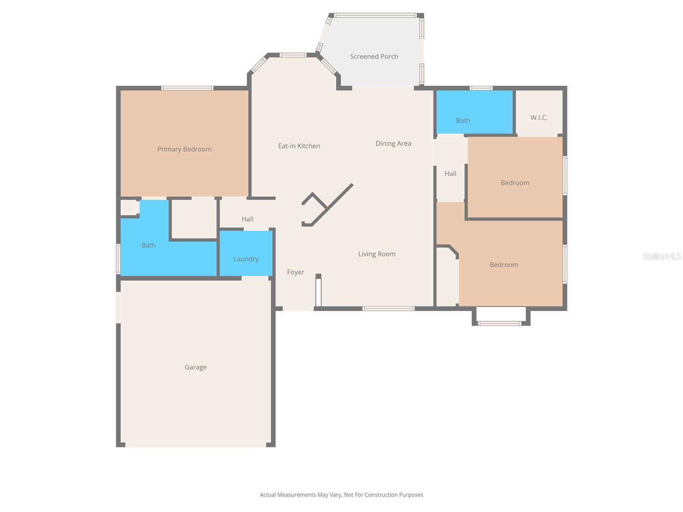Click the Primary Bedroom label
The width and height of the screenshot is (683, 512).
[184, 149]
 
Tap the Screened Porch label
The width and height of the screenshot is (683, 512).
[374, 56]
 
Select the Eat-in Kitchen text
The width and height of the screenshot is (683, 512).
[299, 146]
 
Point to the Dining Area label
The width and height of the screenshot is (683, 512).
[393, 143]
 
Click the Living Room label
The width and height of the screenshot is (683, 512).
[377, 254]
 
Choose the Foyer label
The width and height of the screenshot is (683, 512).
[295, 272]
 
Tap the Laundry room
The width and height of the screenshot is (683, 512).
[246, 259]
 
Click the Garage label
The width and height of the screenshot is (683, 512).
[196, 367]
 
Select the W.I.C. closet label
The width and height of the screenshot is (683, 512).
[539, 117]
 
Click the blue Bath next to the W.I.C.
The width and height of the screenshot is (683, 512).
[463, 120]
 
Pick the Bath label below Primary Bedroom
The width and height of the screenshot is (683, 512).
[149, 245]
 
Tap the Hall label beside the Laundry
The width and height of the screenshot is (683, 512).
[247, 219]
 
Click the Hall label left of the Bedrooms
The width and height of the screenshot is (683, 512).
[450, 174]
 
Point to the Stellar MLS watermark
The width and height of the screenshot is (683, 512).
[661, 256]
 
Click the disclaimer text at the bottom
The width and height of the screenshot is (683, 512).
[341, 495]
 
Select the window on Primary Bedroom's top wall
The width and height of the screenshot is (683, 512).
[187, 88]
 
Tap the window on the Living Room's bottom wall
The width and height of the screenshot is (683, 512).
[388, 308]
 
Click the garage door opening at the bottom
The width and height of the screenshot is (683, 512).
[196, 445]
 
